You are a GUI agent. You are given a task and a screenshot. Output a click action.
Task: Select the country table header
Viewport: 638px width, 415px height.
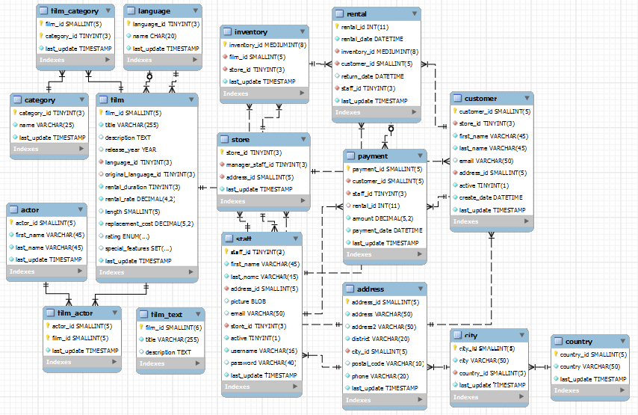[579, 341]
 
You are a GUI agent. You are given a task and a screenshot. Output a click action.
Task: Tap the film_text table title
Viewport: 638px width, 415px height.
[167, 314]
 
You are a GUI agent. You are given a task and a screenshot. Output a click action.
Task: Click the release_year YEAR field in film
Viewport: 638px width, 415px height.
[131, 150]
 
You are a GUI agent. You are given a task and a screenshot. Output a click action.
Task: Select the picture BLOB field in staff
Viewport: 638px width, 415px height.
[244, 301]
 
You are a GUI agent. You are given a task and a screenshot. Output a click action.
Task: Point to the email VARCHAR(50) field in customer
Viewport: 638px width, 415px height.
[486, 161]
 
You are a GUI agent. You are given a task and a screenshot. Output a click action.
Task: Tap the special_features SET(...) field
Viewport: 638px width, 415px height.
[138, 248]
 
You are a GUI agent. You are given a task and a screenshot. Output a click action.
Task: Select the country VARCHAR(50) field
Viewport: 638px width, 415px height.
[590, 366]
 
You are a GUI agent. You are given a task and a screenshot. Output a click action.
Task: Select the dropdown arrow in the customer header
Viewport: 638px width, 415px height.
[528, 98]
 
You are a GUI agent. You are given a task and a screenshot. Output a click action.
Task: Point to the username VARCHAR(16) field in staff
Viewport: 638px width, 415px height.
[264, 351]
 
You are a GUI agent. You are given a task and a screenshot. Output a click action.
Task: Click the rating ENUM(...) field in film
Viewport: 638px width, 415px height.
[127, 236]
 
